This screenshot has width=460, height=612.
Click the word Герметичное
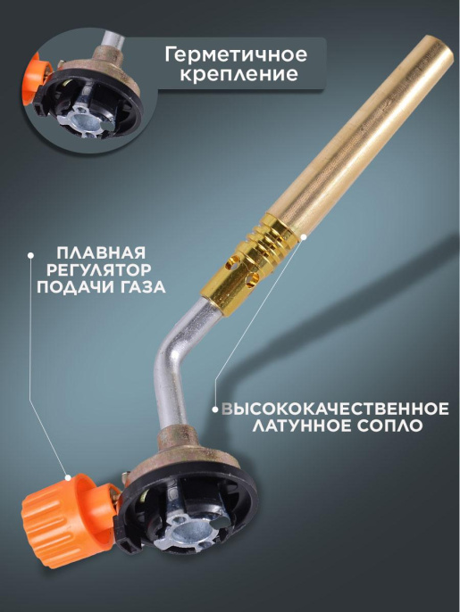tap(236, 55)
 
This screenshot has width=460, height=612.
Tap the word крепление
tap(238, 74)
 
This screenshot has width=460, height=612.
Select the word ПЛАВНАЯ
tap(101, 252)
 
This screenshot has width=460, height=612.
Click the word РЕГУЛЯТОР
tap(99, 269)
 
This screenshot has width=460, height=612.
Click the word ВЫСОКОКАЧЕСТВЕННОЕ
tap(335, 409)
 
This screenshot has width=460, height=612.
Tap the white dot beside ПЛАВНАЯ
tap(30, 255)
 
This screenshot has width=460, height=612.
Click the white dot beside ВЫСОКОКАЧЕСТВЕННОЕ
tap(215, 409)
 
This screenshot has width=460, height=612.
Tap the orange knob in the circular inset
tap(36, 79)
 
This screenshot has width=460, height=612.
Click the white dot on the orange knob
tap(68, 477)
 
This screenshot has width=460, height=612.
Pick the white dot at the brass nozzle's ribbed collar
tap(304, 237)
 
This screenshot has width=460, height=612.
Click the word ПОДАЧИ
tap(72, 287)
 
